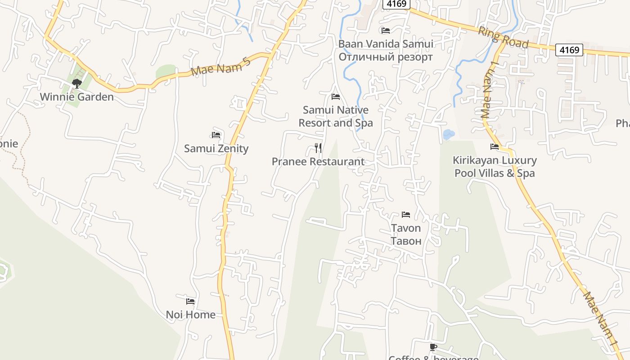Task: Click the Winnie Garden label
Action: [76, 97]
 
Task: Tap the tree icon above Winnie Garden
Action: [76, 83]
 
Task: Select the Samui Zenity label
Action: [216, 148]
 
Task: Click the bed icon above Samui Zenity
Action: [216, 135]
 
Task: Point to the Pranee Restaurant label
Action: [318, 162]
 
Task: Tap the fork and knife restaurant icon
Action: [318, 148]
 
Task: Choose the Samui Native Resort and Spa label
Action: [336, 116]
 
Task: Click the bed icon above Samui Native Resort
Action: [336, 97]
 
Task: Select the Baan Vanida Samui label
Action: [386, 44]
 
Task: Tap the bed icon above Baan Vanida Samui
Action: [386, 31]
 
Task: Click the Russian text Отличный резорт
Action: [386, 57]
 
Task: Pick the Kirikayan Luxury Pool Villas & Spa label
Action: [495, 166]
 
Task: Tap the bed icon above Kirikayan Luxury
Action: [495, 147]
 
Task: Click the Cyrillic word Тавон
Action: [406, 241]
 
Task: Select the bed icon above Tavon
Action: [406, 215]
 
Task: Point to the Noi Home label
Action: [191, 315]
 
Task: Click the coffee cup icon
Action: [433, 347]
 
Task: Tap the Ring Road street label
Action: [503, 38]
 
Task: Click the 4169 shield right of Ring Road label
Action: [569, 49]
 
